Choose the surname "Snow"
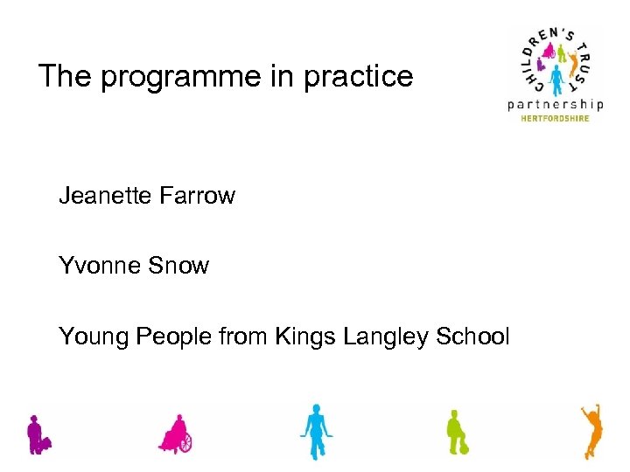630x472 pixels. [179, 265]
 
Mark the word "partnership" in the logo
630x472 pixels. [556, 105]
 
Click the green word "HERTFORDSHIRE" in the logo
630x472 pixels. [556, 119]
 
